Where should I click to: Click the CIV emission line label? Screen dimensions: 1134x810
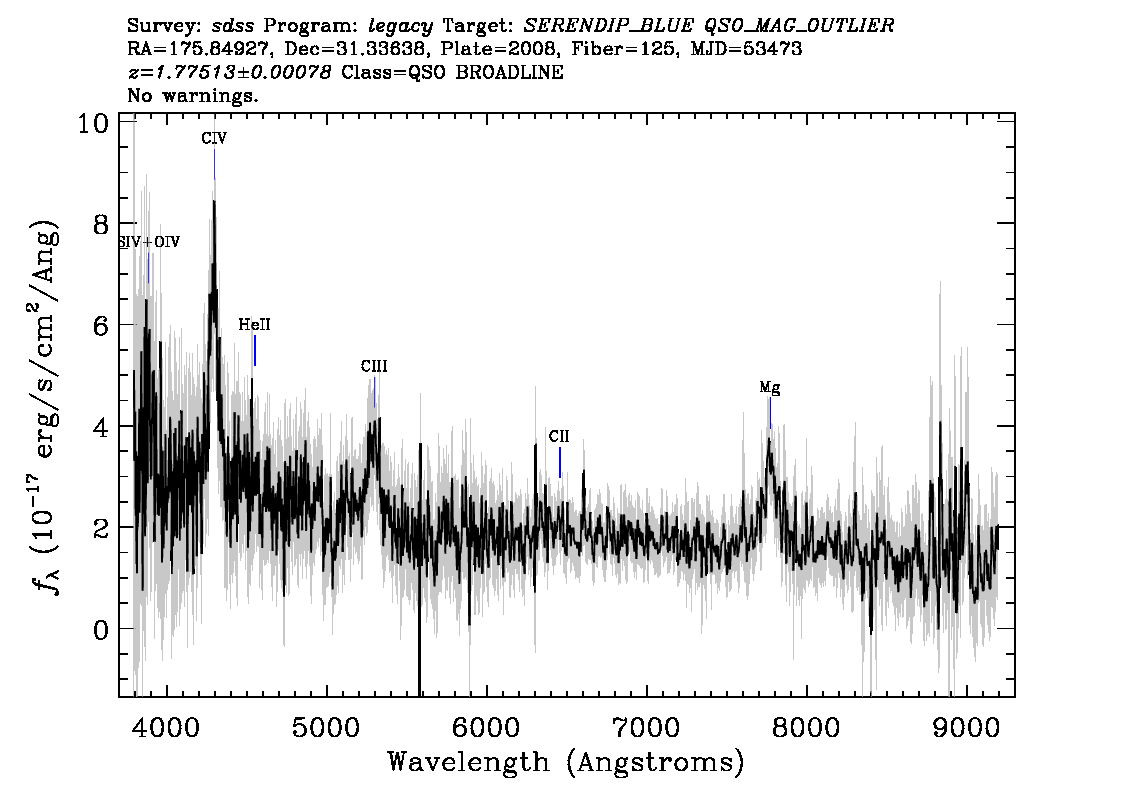pyautogui.click(x=214, y=138)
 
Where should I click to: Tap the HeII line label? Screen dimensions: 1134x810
pyautogui.click(x=255, y=325)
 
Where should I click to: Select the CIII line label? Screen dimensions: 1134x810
pyautogui.click(x=374, y=366)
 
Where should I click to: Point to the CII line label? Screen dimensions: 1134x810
pyautogui.click(x=559, y=436)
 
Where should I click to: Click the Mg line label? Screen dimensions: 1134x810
pyautogui.click(x=770, y=388)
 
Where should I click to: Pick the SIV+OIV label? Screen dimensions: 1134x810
pyautogui.click(x=149, y=242)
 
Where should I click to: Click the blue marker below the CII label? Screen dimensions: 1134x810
pyautogui.click(x=560, y=463)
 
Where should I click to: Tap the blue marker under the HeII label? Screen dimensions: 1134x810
pyautogui.click(x=255, y=351)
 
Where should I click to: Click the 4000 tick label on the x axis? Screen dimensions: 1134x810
pyautogui.click(x=167, y=726)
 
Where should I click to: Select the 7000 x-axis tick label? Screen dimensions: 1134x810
pyautogui.click(x=647, y=726)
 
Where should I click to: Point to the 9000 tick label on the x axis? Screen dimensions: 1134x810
pyautogui.click(x=966, y=726)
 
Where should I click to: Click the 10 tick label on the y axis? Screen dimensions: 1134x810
pyautogui.click(x=93, y=123)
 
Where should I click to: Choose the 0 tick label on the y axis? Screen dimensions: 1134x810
pyautogui.click(x=101, y=629)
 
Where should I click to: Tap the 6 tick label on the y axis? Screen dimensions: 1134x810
pyautogui.click(x=101, y=325)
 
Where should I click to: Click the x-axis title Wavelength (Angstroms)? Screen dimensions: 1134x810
pyautogui.click(x=566, y=762)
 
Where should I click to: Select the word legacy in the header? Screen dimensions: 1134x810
pyautogui.click(x=400, y=27)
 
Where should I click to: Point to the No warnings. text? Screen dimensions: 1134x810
pyautogui.click(x=192, y=95)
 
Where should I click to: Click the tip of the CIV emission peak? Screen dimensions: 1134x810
pyautogui.click(x=214, y=200)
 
